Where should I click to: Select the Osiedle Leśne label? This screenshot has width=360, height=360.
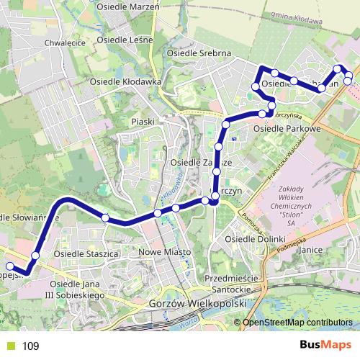tap(127, 39)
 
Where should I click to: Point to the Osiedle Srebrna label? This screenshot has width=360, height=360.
tap(198, 54)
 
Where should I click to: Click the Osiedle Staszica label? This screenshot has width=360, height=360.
tap(86, 253)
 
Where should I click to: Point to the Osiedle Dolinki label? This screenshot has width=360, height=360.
tap(251, 238)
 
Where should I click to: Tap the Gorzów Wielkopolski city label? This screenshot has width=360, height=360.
tap(195, 305)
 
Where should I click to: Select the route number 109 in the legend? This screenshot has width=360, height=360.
tap(30, 346)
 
